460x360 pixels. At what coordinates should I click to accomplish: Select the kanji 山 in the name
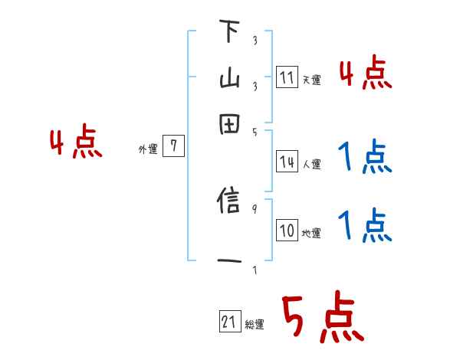(x=228, y=79)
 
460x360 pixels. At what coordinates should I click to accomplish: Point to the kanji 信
(x=228, y=203)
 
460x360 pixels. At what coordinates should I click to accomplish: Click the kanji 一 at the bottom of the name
(x=228, y=261)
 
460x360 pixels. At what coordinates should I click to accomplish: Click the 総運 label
(x=254, y=325)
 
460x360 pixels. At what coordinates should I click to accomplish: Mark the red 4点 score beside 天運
(x=366, y=75)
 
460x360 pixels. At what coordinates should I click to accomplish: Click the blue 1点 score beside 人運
(x=365, y=159)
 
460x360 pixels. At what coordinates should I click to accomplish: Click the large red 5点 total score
(x=323, y=319)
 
